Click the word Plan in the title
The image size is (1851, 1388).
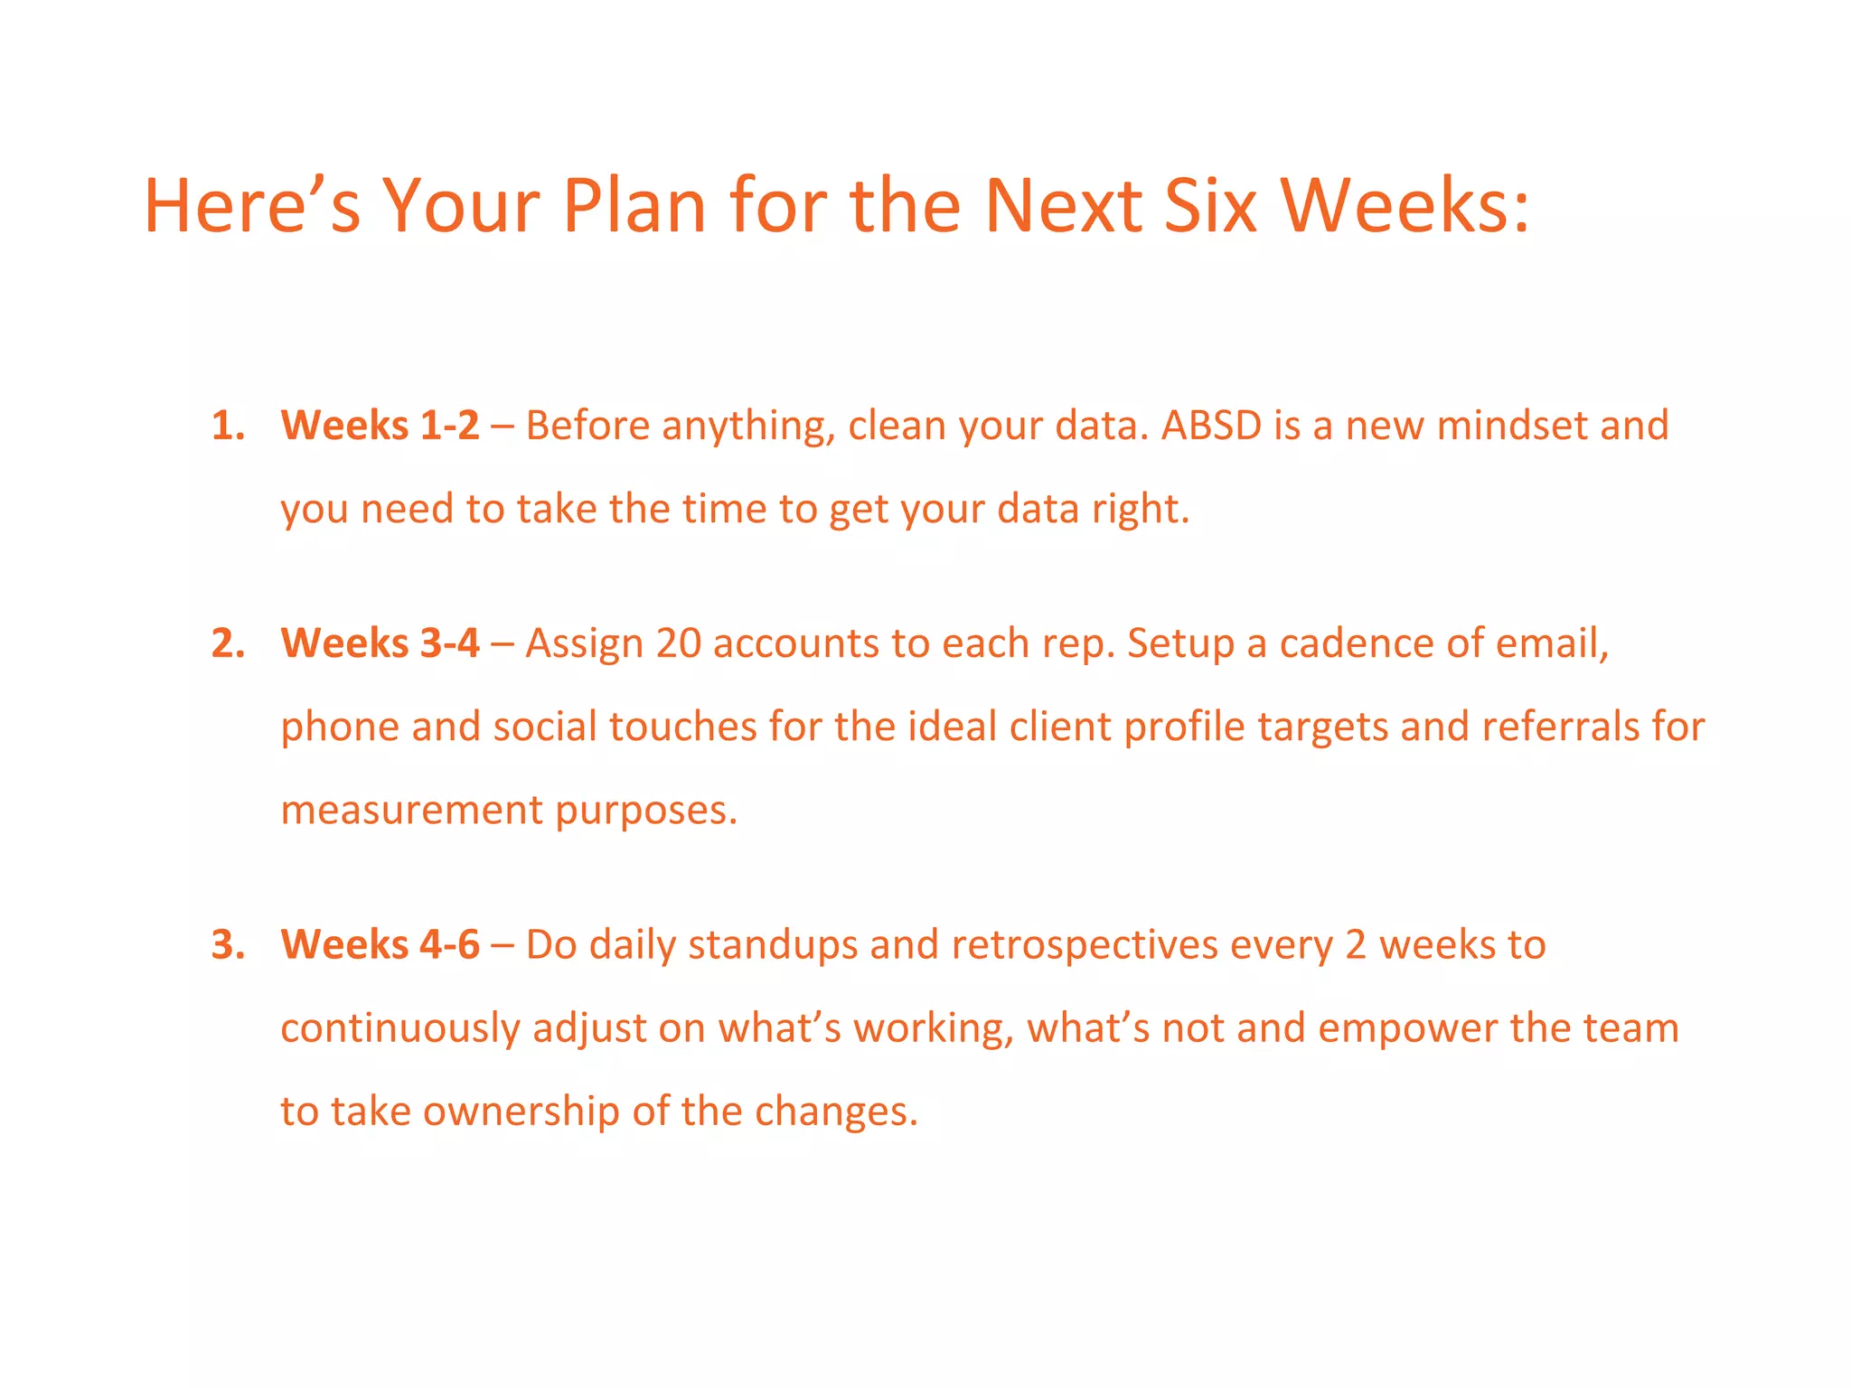[x=634, y=206]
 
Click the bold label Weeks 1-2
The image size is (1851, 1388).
[x=380, y=426]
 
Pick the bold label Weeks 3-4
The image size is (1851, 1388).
[x=380, y=643]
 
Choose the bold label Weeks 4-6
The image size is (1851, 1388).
[x=380, y=944]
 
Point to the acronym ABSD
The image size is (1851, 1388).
[x=1211, y=426]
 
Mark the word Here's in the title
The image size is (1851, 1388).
[x=252, y=206]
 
